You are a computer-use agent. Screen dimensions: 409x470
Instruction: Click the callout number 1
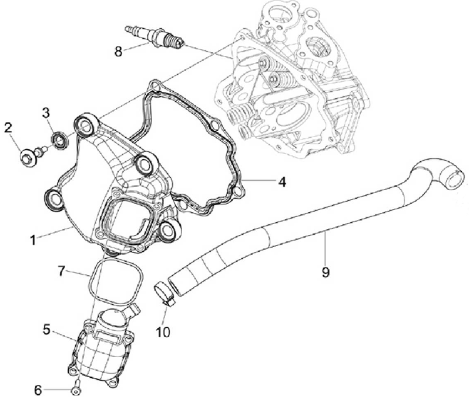[x=33, y=240]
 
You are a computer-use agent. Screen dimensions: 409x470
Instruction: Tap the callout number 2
[x=9, y=127]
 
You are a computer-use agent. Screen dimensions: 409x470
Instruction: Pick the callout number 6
[x=38, y=389]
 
